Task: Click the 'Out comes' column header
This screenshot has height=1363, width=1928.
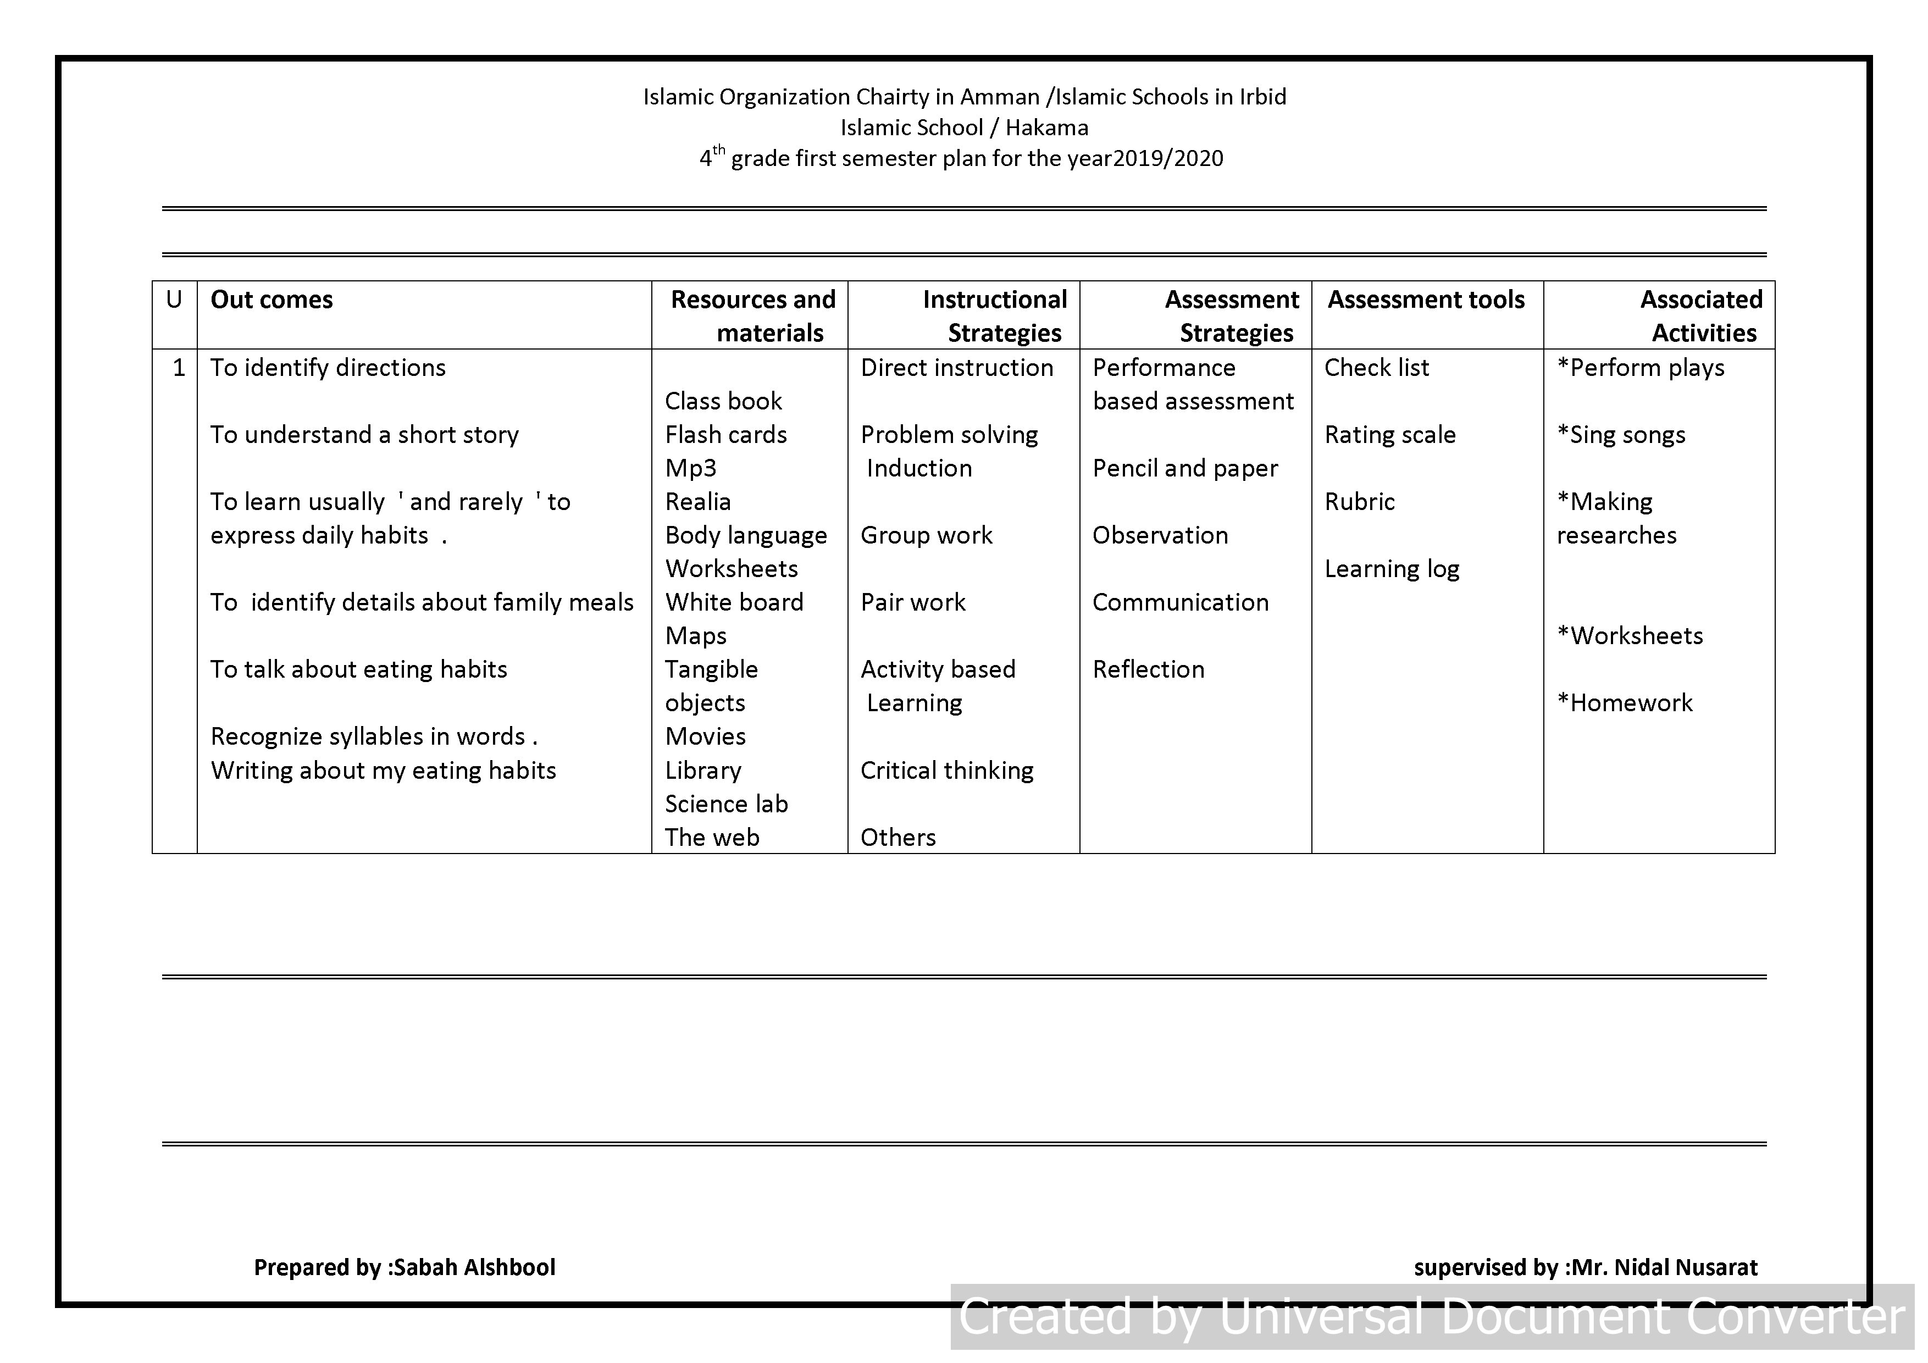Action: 272,300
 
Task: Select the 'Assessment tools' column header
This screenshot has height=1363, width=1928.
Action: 1425,300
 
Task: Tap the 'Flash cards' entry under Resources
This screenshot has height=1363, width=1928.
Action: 725,435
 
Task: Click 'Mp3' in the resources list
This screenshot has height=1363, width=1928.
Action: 690,469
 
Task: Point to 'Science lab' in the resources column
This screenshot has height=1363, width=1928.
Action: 725,805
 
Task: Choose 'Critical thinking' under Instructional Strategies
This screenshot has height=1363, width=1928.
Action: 946,771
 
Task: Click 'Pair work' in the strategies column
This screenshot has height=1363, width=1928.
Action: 913,602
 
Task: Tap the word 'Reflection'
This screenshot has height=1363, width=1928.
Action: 1148,669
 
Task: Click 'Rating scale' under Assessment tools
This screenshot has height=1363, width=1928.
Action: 1390,435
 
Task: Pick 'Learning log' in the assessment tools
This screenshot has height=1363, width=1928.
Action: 1392,569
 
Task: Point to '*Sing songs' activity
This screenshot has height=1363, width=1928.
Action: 1621,435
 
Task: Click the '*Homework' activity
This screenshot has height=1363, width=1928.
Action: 1624,703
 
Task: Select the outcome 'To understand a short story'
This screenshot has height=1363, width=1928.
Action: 364,435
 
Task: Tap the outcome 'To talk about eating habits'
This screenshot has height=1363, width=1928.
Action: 358,669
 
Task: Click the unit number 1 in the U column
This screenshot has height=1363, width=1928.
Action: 178,368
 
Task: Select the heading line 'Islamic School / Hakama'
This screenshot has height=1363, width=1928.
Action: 964,128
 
